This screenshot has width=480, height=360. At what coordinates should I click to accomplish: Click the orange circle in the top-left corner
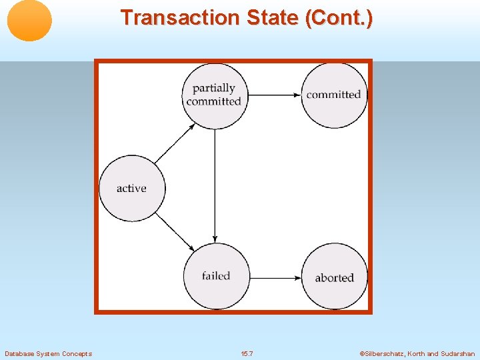(29, 20)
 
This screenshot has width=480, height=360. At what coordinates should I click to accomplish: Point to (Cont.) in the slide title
(339, 18)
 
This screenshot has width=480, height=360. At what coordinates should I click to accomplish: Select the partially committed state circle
(214, 95)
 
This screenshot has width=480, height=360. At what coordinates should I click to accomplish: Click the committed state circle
(333, 95)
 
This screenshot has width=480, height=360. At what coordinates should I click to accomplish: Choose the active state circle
(131, 188)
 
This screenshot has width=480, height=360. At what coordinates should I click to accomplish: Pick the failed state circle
(215, 276)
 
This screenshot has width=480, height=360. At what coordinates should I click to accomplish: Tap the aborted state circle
(334, 277)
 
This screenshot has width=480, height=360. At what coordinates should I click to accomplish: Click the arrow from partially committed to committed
(273, 95)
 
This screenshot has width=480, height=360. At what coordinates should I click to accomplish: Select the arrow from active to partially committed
(174, 143)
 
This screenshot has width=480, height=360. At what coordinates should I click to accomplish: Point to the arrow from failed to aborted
(274, 277)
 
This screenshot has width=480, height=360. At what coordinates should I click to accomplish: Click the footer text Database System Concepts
(48, 353)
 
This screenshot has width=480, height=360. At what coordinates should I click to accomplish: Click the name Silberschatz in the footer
(385, 353)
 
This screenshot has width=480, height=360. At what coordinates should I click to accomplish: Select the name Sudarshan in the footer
(458, 353)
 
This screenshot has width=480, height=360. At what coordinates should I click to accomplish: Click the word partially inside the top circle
(214, 88)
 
